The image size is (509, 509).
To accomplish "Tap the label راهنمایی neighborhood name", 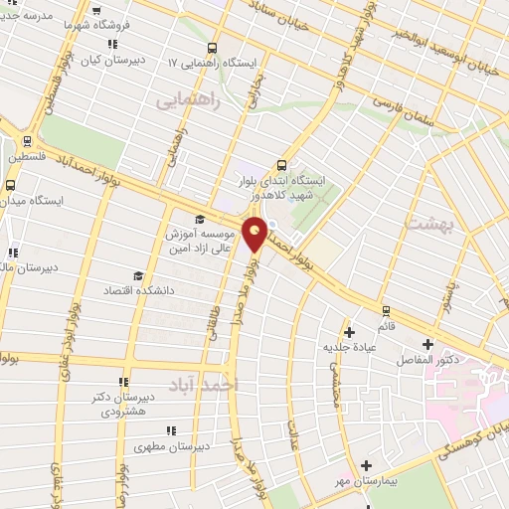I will (184, 99).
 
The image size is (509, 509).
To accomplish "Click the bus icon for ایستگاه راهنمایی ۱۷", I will (212, 48).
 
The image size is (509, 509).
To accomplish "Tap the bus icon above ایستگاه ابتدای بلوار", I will (282, 166).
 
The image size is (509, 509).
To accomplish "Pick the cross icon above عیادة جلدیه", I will (348, 332).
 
